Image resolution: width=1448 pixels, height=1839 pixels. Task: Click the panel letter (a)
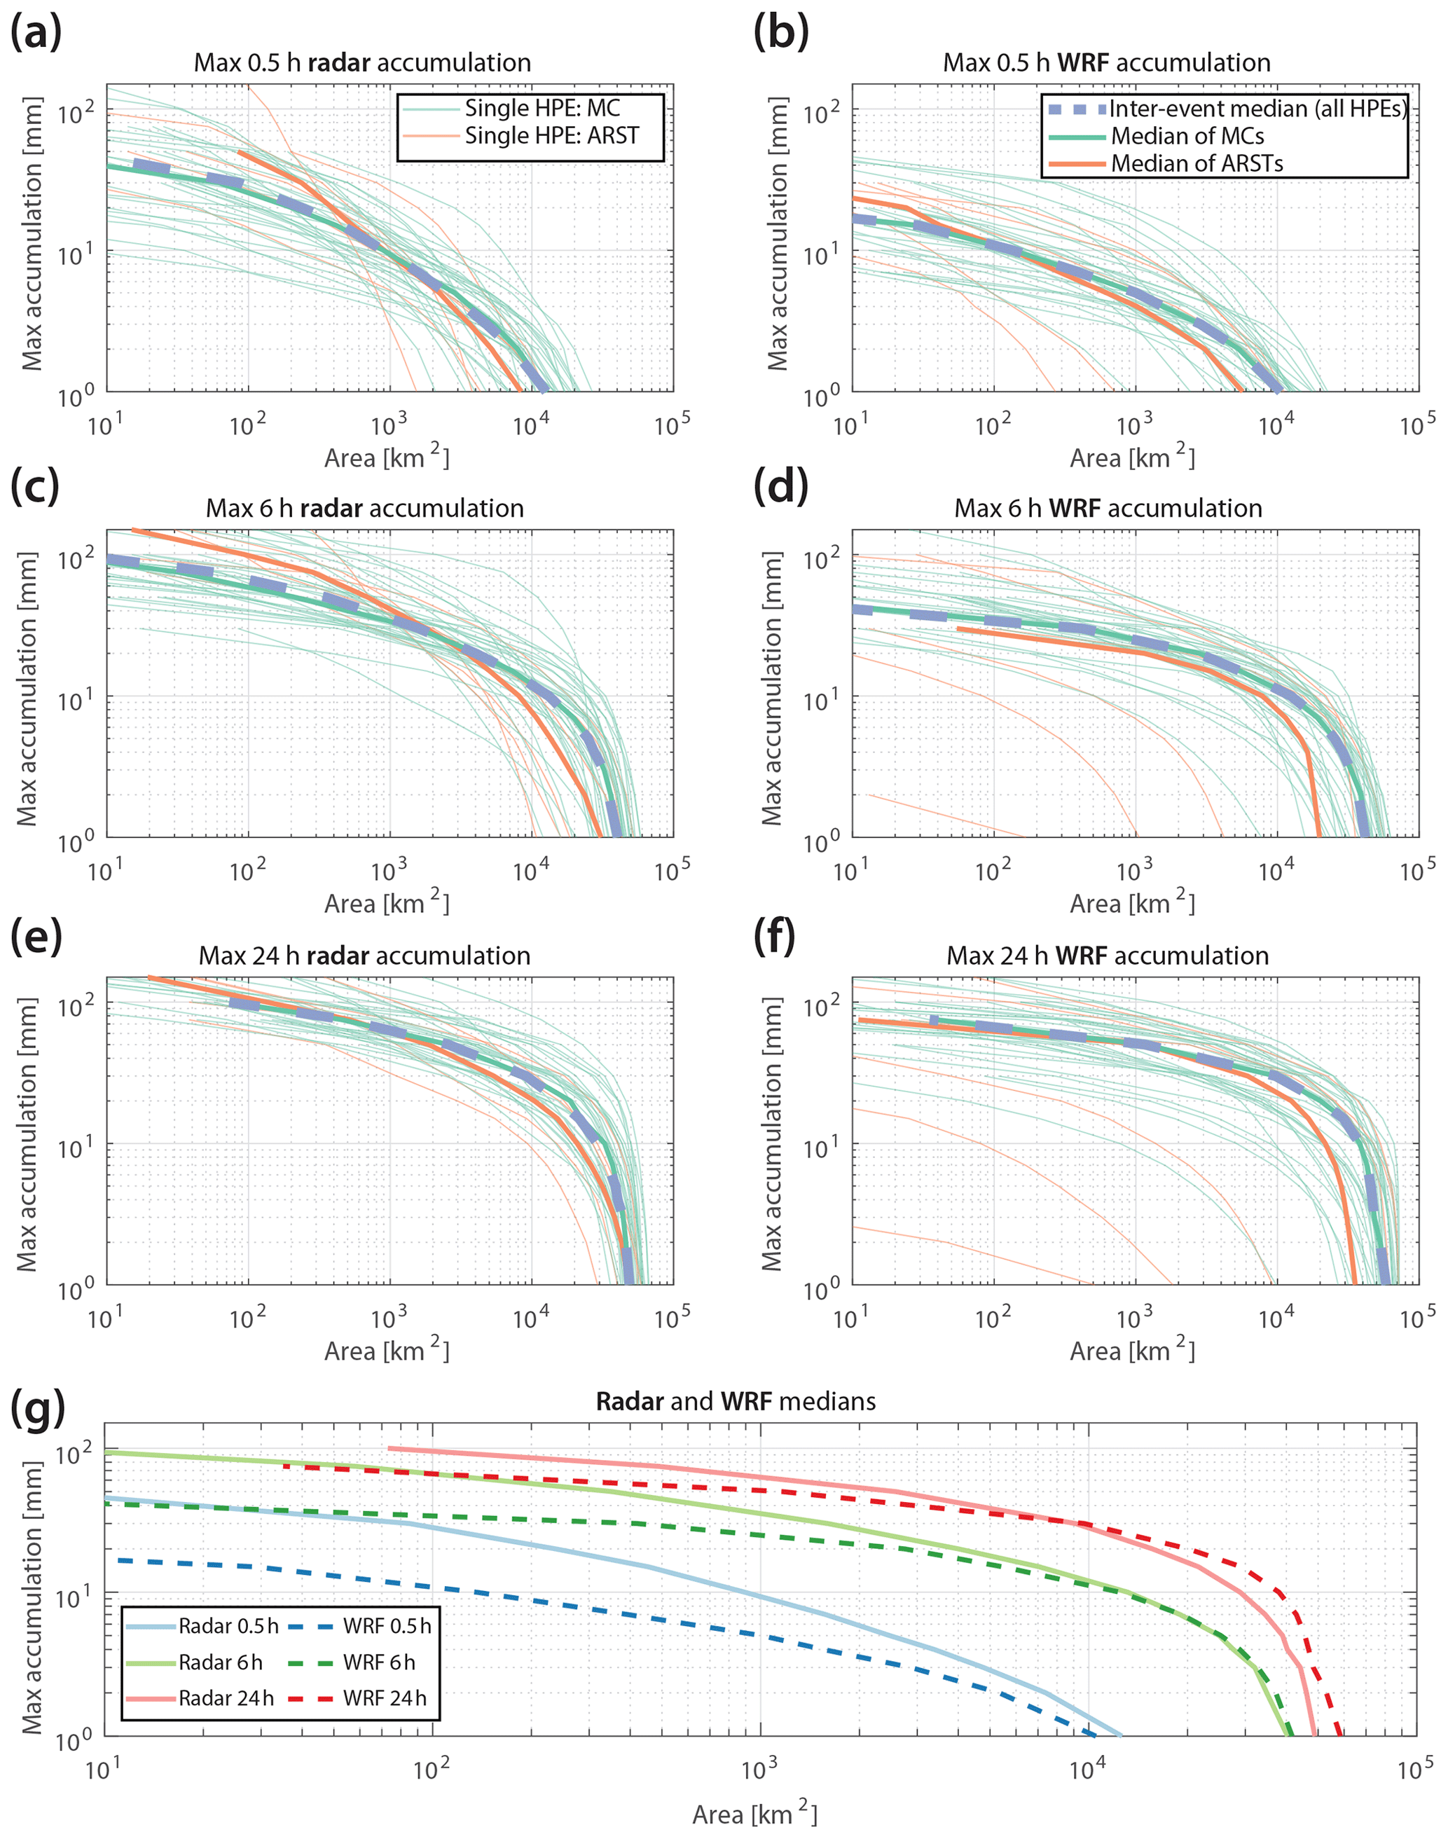[x=36, y=34]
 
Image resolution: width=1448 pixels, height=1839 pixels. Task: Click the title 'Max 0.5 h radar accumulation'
[x=362, y=63]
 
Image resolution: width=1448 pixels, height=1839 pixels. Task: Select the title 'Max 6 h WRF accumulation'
[x=1108, y=508]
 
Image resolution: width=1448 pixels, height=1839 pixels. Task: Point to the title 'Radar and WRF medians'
[x=735, y=1400]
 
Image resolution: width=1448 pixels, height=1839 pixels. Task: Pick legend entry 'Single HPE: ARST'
[x=551, y=136]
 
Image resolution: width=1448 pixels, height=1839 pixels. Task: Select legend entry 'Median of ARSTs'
[x=1197, y=163]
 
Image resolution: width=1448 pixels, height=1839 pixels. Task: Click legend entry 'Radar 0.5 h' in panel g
[x=227, y=1626]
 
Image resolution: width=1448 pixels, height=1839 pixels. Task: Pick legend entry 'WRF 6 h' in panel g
[x=379, y=1662]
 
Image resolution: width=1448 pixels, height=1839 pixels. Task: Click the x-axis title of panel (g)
[x=754, y=1814]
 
